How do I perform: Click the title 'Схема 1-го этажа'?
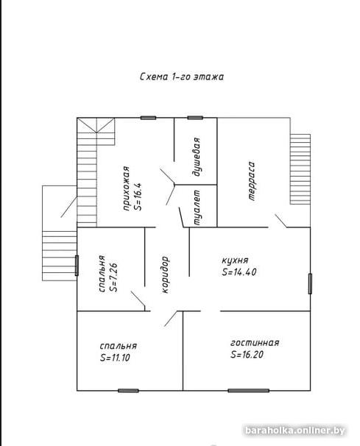182,77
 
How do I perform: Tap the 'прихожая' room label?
126,188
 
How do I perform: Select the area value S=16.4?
138,197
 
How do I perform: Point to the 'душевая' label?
196,157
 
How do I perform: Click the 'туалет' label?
197,208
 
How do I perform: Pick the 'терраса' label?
251,181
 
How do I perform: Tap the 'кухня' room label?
235,261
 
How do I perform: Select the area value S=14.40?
239,272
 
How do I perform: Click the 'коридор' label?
165,275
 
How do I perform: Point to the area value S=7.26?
114,277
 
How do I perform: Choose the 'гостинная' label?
255,343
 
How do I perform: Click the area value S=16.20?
247,355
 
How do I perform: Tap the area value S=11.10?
115,358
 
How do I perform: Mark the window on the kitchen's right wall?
310,283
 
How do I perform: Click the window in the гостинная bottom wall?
248,391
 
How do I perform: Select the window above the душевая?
195,118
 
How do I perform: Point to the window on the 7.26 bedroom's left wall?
77,266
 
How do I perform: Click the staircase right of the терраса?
300,169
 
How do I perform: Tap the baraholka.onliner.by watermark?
294,431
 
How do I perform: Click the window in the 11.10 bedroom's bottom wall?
128,391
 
